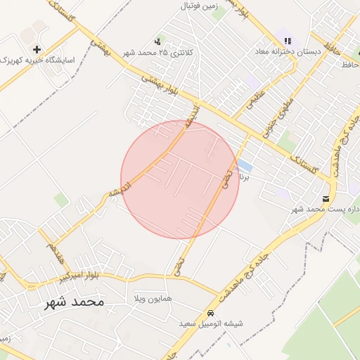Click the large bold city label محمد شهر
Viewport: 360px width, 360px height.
click(73, 302)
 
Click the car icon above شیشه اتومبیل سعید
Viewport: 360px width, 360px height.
click(210, 313)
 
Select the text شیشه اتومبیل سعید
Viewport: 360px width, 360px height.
click(210, 323)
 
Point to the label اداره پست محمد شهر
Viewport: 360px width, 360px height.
click(325, 210)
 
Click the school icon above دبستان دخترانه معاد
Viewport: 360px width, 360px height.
click(287, 41)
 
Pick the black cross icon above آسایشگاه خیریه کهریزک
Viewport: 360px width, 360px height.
click(37, 49)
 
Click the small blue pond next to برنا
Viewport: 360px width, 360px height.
click(245, 166)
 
